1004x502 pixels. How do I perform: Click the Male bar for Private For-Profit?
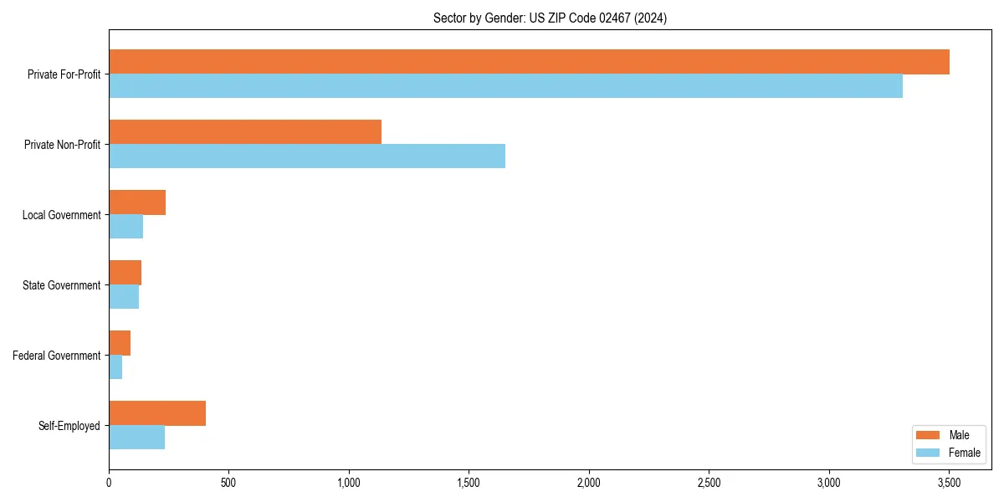529,62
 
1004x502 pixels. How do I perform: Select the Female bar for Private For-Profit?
505,86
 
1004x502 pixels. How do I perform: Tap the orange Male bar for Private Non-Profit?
245,132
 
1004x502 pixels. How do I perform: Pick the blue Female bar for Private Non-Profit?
307,156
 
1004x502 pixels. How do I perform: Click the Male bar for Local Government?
137,202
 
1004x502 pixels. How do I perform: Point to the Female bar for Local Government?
125,227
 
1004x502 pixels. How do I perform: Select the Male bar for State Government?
125,273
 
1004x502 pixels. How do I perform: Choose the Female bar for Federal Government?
115,367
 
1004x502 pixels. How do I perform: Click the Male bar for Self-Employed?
157,413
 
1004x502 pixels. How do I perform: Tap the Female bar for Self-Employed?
136,438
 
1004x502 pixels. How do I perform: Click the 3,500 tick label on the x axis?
949,483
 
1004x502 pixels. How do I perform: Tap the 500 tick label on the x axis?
228,483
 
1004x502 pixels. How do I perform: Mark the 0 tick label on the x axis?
109,483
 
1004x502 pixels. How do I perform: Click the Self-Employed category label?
69,426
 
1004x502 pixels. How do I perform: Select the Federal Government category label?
57,356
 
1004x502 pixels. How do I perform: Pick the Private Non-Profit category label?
62,145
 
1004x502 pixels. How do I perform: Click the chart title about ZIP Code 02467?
550,18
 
